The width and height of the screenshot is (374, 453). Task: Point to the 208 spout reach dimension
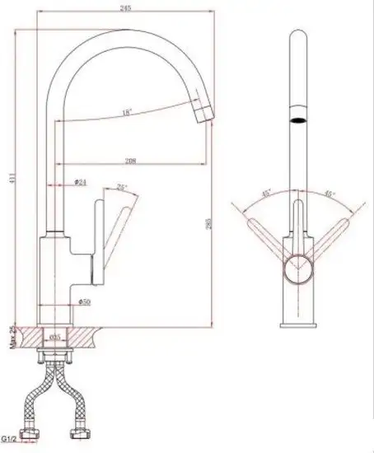tap(130, 161)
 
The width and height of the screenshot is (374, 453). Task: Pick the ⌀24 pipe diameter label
tap(81, 183)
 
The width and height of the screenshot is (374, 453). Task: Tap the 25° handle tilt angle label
tap(123, 188)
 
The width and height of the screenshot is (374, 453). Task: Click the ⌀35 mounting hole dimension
tap(56, 339)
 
